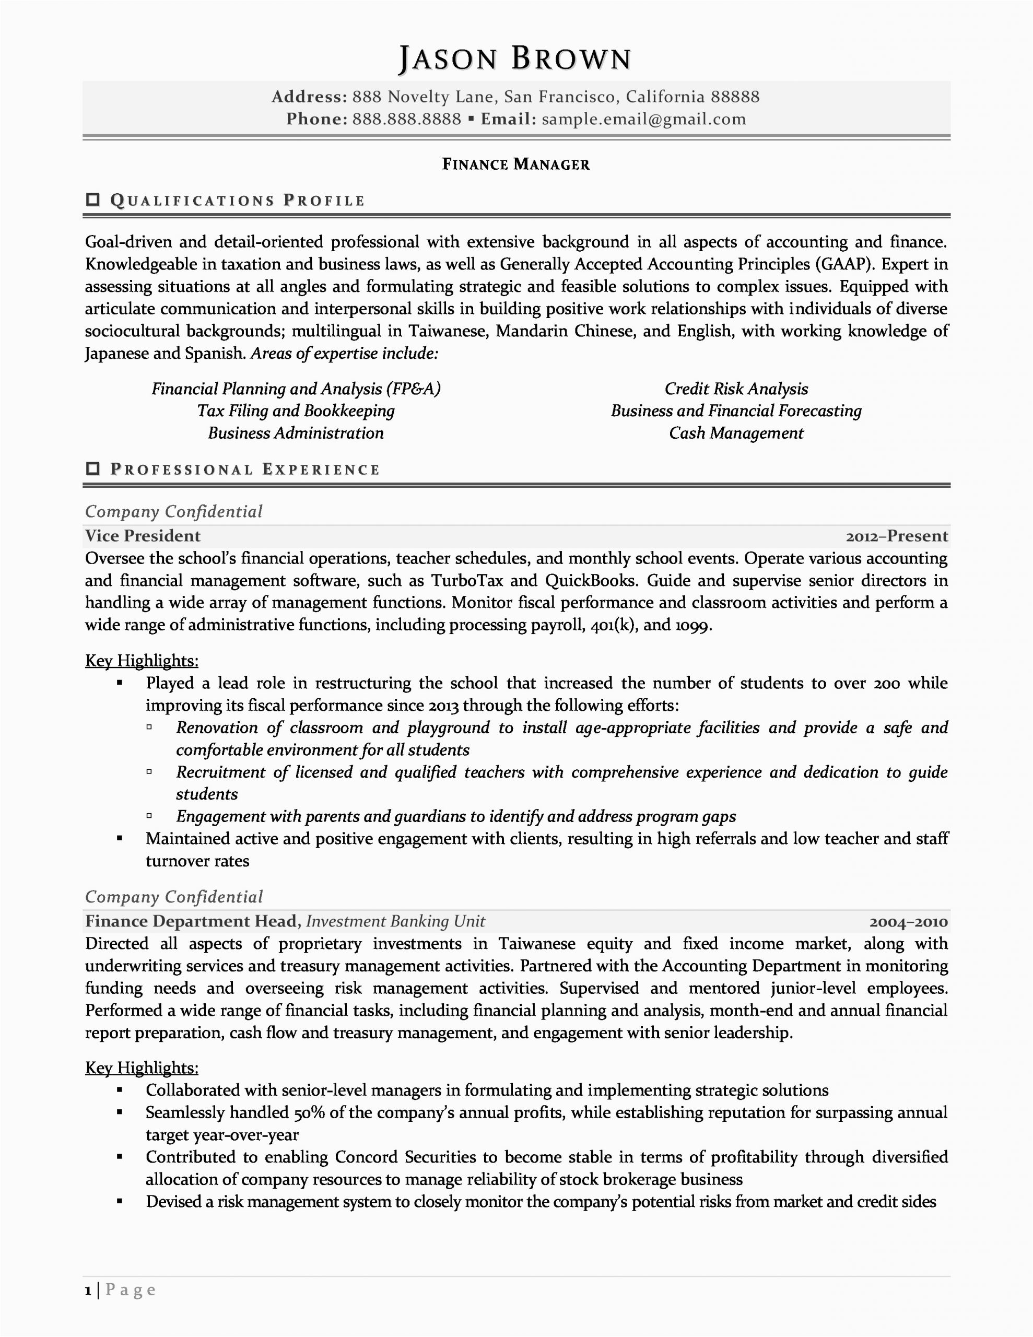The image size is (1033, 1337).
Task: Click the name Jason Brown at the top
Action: [x=515, y=60]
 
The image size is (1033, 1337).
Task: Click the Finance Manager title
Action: [x=515, y=164]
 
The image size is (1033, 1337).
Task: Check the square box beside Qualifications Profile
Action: [x=93, y=200]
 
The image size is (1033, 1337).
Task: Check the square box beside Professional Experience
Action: [x=93, y=469]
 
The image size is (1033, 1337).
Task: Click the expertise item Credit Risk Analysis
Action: [x=736, y=389]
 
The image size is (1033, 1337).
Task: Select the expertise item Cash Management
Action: [x=736, y=433]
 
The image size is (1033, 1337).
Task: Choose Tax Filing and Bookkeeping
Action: [x=296, y=411]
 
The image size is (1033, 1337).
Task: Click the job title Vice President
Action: [x=143, y=536]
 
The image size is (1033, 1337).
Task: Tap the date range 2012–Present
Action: [x=897, y=536]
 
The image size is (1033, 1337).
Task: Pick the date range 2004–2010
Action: [x=908, y=922]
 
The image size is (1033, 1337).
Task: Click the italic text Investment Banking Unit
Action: [x=395, y=921]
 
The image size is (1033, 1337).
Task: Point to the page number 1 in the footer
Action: [x=88, y=1291]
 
